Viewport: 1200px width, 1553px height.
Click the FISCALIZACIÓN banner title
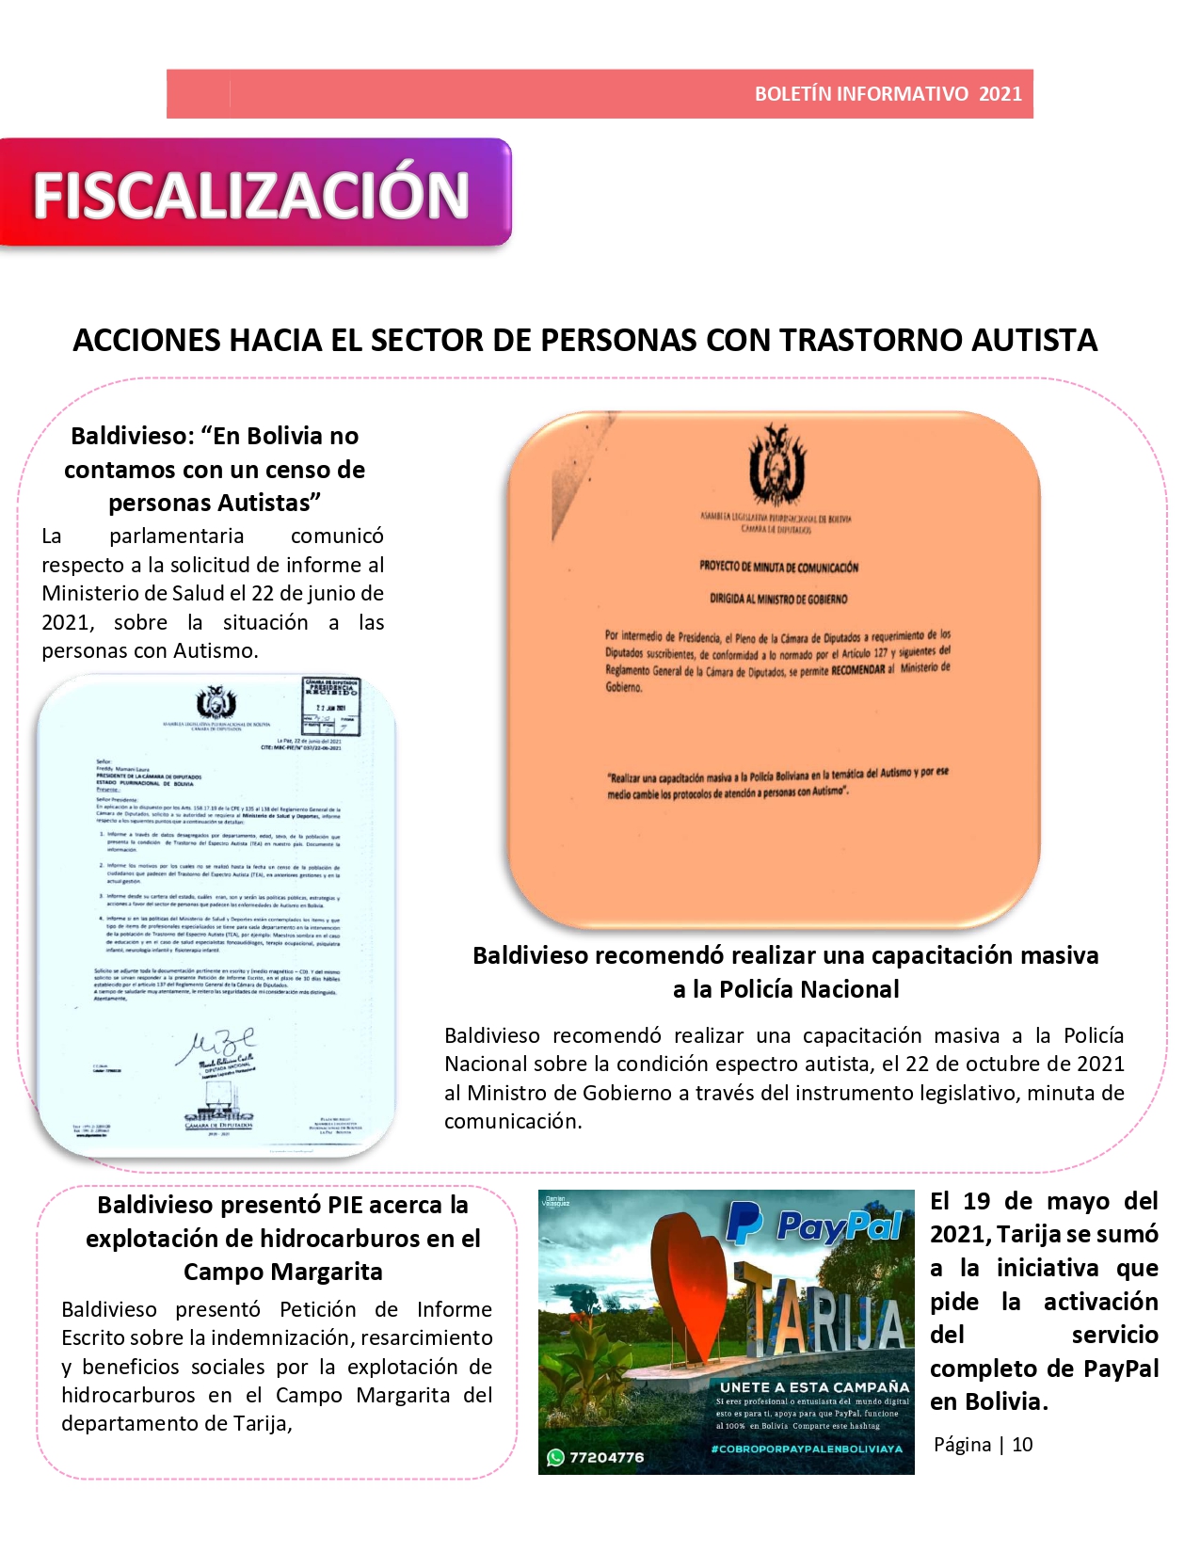251,195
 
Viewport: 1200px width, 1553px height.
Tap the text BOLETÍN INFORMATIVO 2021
888,94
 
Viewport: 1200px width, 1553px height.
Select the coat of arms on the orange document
776,465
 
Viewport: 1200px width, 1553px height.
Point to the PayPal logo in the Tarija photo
815,1226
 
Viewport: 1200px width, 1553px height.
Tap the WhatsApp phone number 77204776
606,1457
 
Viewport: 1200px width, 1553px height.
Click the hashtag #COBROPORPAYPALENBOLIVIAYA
807,1449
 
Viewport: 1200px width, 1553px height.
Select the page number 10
1022,1445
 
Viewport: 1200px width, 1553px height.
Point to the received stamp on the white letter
330,704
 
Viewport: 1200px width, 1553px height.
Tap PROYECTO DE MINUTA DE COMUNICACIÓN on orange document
778,568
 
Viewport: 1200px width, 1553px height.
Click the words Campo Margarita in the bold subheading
283,1272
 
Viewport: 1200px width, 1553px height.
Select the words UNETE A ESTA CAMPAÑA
814,1387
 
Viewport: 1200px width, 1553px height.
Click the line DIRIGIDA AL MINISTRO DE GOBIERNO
778,599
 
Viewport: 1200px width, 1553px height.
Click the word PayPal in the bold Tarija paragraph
1121,1369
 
